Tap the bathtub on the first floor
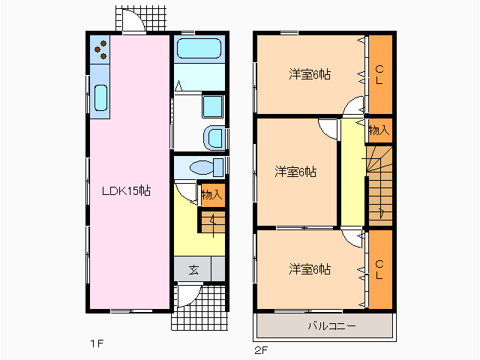pos(199,51)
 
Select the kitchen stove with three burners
pos(100,51)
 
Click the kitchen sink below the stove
pos(100,97)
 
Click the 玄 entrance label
pos(193,269)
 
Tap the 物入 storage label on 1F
pos(212,194)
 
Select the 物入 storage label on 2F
pos(379,130)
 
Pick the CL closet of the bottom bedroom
pos(379,269)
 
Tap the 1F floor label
pos(96,344)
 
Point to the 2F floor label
pos(260,349)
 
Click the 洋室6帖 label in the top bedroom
pos(310,74)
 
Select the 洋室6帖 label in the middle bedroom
pos(294,172)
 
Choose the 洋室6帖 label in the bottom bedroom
pos(310,269)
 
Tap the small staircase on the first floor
pos(212,221)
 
